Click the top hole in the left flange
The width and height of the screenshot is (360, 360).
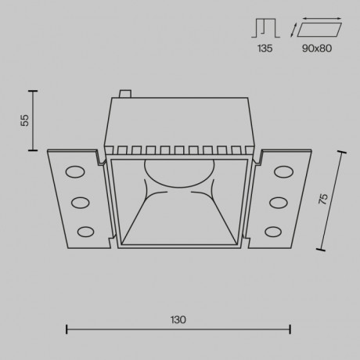(x=76, y=172)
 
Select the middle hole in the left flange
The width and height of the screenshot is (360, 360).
(x=80, y=202)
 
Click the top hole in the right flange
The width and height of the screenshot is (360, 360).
(x=281, y=172)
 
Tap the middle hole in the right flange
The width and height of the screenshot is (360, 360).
(x=277, y=202)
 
